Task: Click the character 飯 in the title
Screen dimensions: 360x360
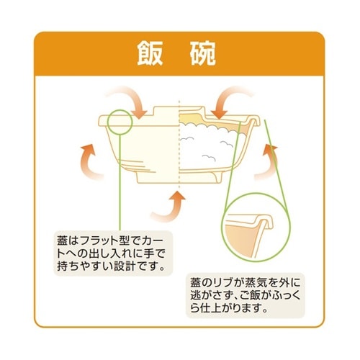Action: (x=150, y=55)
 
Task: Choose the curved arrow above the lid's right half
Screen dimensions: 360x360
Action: (x=230, y=97)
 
